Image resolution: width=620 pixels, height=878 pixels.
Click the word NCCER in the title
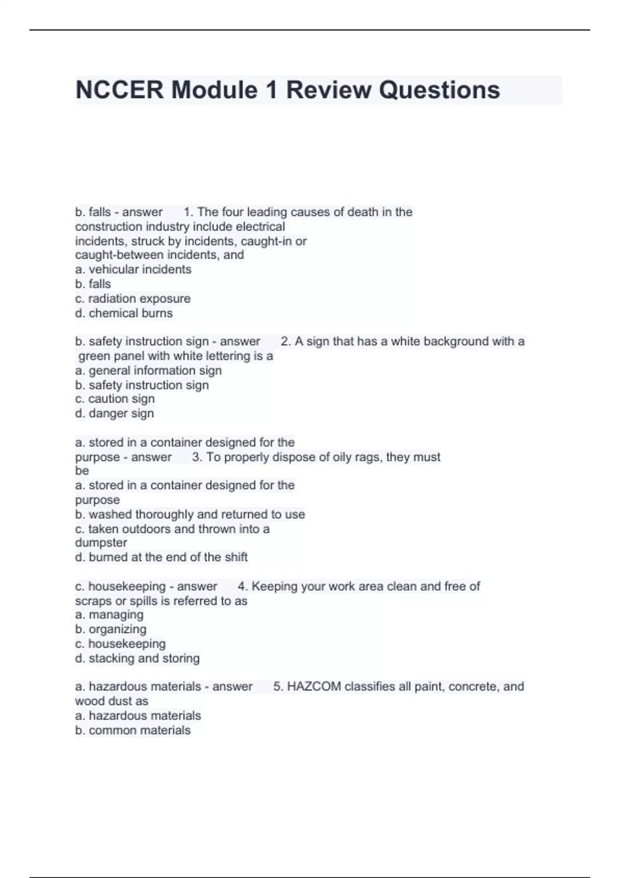(119, 90)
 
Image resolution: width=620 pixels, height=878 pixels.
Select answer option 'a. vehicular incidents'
(133, 270)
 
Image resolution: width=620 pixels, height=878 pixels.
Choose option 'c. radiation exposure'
(133, 299)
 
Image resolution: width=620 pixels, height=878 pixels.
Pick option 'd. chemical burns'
(124, 313)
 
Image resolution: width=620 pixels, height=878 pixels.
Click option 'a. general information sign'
(148, 370)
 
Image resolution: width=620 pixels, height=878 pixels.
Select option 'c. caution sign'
(115, 399)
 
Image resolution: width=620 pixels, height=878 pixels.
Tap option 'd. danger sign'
(114, 413)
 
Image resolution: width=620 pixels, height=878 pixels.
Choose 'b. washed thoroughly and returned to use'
(190, 514)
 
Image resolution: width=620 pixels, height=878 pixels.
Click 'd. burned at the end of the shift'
(161, 557)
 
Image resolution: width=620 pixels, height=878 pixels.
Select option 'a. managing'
(109, 615)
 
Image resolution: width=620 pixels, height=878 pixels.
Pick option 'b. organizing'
(111, 629)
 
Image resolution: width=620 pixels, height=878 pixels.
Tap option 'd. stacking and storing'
(137, 658)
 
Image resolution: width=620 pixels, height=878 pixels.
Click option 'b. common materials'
(133, 730)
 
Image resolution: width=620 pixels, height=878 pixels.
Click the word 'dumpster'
(101, 543)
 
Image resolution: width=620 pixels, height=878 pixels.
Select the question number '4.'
(242, 586)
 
